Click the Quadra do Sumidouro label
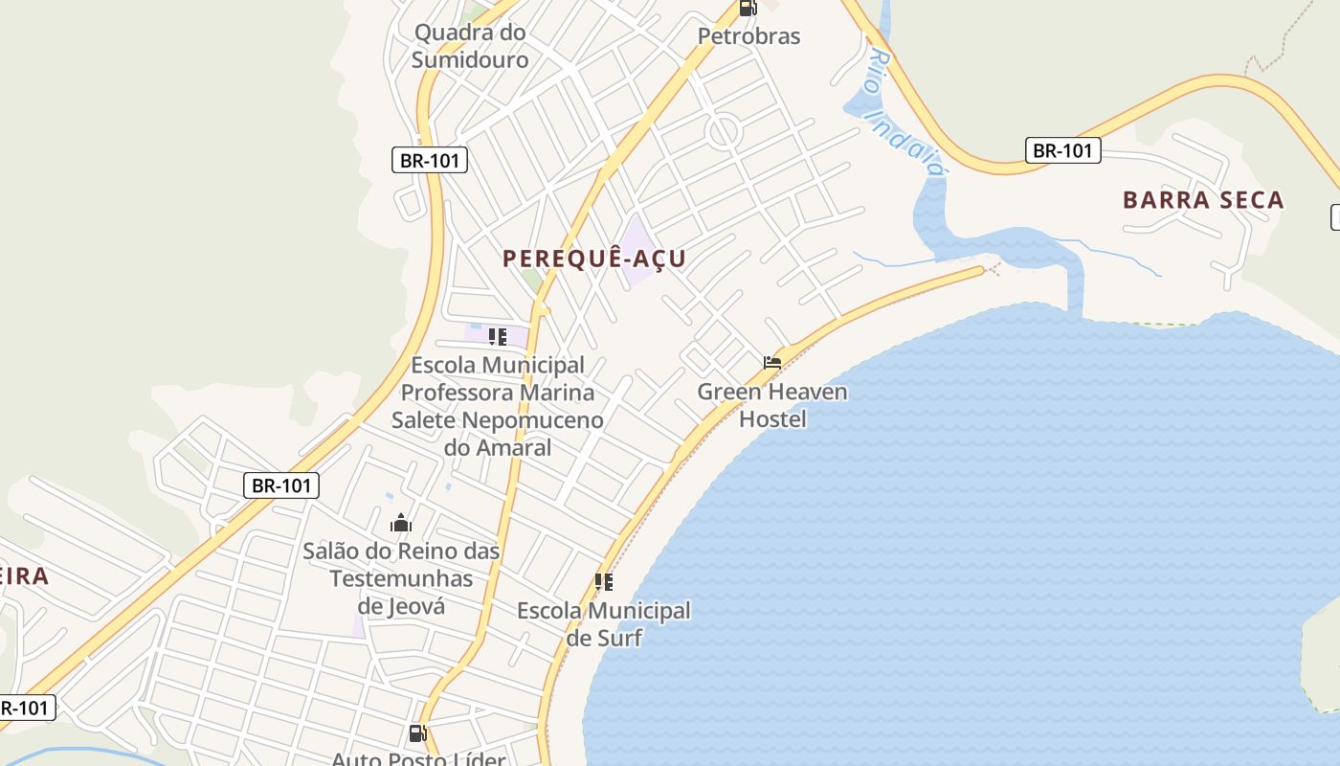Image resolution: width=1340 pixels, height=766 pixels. point(470,46)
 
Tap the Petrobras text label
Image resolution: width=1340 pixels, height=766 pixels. point(748,36)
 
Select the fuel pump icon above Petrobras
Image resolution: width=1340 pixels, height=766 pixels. point(748,8)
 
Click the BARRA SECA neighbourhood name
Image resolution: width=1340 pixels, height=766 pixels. point(1203,200)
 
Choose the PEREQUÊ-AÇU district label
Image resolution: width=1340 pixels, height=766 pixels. point(594,259)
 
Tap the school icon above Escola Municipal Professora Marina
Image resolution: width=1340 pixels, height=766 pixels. point(498,336)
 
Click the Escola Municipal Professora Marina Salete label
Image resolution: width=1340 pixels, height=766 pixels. point(498,406)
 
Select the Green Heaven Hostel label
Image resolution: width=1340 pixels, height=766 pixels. point(772,405)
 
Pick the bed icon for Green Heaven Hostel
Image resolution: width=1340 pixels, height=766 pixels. point(772,363)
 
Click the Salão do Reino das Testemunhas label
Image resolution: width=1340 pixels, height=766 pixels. point(401,578)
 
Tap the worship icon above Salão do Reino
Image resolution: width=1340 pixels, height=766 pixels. point(401,523)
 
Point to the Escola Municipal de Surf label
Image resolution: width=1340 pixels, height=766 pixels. point(604,623)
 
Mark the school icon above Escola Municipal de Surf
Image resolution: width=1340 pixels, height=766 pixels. point(604,581)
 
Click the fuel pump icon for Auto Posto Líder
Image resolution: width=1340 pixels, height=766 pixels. point(418,733)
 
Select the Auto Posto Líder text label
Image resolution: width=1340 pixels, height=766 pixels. point(418,758)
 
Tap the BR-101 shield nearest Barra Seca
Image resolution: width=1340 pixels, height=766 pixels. point(1063,150)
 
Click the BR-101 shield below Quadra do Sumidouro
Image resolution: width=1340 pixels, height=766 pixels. point(430,160)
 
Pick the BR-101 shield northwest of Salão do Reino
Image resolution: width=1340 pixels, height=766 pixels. point(280,485)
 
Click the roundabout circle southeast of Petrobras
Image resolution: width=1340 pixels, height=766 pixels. point(725,131)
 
